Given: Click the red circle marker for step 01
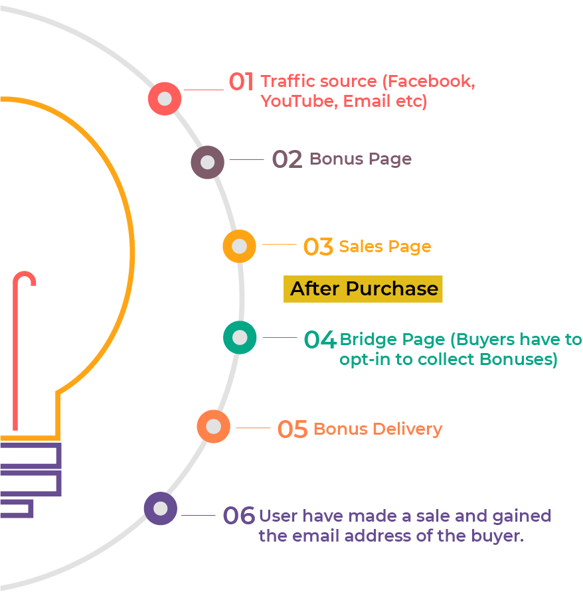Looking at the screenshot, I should [x=165, y=99].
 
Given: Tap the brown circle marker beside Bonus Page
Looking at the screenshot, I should [x=207, y=162].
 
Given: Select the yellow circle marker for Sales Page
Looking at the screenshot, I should [x=239, y=246].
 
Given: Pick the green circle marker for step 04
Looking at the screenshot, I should [x=240, y=338].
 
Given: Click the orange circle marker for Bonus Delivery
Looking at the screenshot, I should [x=214, y=427].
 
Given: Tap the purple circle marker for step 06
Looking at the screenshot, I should [x=161, y=509].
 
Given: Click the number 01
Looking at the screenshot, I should [x=241, y=82].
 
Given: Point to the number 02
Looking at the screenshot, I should [x=287, y=160].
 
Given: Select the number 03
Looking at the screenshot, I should [x=318, y=247].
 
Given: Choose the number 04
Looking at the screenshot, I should [x=320, y=340].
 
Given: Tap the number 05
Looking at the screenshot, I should [x=292, y=429].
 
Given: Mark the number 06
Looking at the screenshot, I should [x=238, y=516].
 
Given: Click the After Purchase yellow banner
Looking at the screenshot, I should [x=363, y=289].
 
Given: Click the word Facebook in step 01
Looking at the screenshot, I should [x=431, y=82].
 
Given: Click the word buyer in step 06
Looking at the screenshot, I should [x=497, y=536].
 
